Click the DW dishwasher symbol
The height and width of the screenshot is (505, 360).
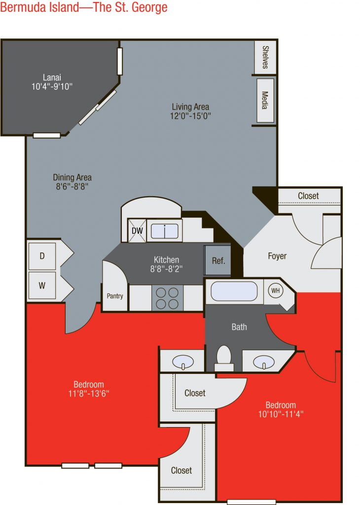click(x=137, y=230)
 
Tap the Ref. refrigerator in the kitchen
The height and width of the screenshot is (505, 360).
click(x=217, y=260)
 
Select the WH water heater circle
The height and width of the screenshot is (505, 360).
click(x=275, y=290)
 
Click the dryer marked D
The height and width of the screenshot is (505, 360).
click(x=42, y=256)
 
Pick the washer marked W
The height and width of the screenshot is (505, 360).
click(x=42, y=286)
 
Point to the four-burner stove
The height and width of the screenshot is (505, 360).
click(x=167, y=298)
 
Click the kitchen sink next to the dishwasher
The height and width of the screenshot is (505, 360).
click(x=165, y=231)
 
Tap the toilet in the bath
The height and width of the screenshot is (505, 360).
click(x=224, y=359)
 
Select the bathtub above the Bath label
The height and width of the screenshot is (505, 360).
click(x=234, y=291)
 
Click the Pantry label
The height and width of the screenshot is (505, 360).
click(x=115, y=296)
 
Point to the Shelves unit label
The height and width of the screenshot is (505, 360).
click(x=265, y=57)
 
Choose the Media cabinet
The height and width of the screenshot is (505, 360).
click(x=265, y=101)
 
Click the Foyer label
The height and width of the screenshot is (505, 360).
click(x=277, y=256)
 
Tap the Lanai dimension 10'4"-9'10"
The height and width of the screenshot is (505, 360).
click(x=52, y=86)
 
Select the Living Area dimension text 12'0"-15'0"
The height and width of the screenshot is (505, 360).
click(x=190, y=116)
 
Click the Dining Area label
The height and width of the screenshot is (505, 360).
click(x=72, y=178)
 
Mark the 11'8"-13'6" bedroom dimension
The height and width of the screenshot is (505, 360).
click(x=89, y=393)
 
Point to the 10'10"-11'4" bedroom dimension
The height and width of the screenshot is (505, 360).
click(x=281, y=414)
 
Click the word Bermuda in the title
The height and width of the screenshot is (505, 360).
click(x=23, y=7)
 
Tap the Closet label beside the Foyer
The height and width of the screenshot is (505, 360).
click(x=308, y=196)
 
